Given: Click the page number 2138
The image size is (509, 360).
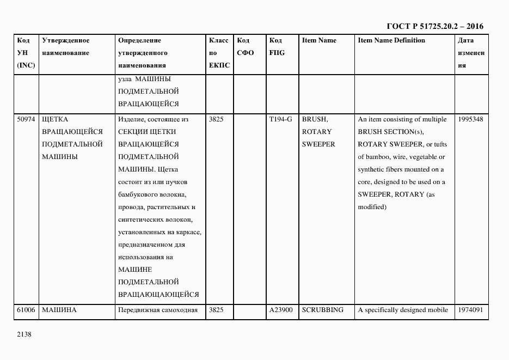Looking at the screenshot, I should tap(24, 335).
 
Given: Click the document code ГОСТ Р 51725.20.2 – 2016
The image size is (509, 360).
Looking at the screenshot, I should tap(435, 26).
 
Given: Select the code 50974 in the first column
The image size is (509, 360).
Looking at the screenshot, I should tap(27, 119).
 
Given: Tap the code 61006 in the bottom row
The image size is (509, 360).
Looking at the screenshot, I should tap(27, 310).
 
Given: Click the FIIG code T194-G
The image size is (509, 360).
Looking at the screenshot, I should tap(280, 119).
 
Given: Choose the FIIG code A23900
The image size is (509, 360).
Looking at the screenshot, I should tap(281, 310).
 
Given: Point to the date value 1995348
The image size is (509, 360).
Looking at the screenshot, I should tap(471, 119).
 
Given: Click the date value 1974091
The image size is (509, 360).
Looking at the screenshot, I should tap(471, 310).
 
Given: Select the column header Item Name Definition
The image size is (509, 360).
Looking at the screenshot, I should tap(391, 40).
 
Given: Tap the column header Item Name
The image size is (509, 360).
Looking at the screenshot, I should tap(319, 40).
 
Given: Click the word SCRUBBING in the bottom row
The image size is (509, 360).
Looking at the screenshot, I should tap(322, 310).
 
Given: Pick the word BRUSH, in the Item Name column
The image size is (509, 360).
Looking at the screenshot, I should tap(315, 119).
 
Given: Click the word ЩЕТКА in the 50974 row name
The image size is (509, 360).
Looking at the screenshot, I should tap(55, 119).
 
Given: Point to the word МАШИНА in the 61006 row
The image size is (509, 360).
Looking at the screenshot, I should tap(59, 310).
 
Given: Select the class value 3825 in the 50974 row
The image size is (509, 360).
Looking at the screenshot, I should tap(216, 119).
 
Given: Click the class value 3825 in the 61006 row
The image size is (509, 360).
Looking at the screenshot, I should tap(216, 310).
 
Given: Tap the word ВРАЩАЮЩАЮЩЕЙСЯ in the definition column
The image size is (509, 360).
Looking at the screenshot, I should tap(158, 295).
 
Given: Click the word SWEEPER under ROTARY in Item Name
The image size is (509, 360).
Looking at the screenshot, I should tap(318, 144).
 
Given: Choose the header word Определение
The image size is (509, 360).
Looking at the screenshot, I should tap(139, 40).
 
